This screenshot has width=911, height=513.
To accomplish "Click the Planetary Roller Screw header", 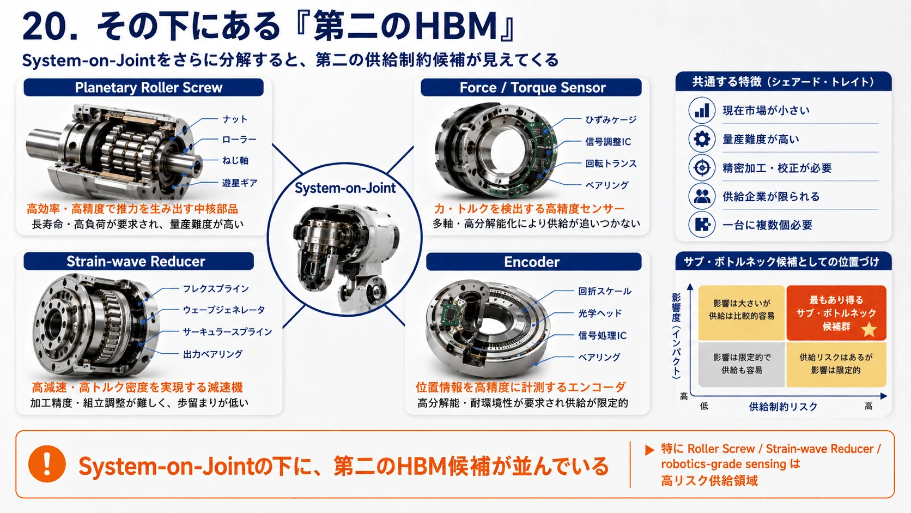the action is (143, 87).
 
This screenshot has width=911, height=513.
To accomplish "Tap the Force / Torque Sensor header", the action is (531, 87).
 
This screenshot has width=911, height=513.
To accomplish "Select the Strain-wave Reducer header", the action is (139, 261).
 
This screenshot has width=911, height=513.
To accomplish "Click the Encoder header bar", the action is (533, 262).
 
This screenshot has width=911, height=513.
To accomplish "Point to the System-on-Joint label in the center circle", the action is (345, 188).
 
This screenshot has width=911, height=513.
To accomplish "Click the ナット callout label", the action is (235, 119).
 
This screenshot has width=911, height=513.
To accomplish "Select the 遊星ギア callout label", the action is (240, 183).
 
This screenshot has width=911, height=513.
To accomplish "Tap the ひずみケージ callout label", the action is (611, 120).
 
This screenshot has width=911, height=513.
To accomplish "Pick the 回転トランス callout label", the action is (611, 164).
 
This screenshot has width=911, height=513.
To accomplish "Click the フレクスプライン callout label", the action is (216, 289).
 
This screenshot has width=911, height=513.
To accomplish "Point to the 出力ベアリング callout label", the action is (212, 354).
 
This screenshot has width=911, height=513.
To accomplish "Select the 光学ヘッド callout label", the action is (600, 313).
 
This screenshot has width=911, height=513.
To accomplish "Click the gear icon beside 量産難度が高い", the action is (702, 139).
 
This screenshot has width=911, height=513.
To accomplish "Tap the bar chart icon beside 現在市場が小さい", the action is (702, 110).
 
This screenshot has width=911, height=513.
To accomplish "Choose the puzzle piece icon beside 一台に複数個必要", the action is (702, 225).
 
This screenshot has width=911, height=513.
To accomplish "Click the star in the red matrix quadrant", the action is (869, 329).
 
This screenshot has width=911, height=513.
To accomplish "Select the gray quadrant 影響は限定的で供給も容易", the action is (741, 364).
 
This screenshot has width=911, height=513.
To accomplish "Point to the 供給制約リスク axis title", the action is (783, 406).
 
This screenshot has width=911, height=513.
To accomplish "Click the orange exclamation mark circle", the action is (47, 464).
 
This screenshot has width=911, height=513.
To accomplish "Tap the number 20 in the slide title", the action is (45, 27).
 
